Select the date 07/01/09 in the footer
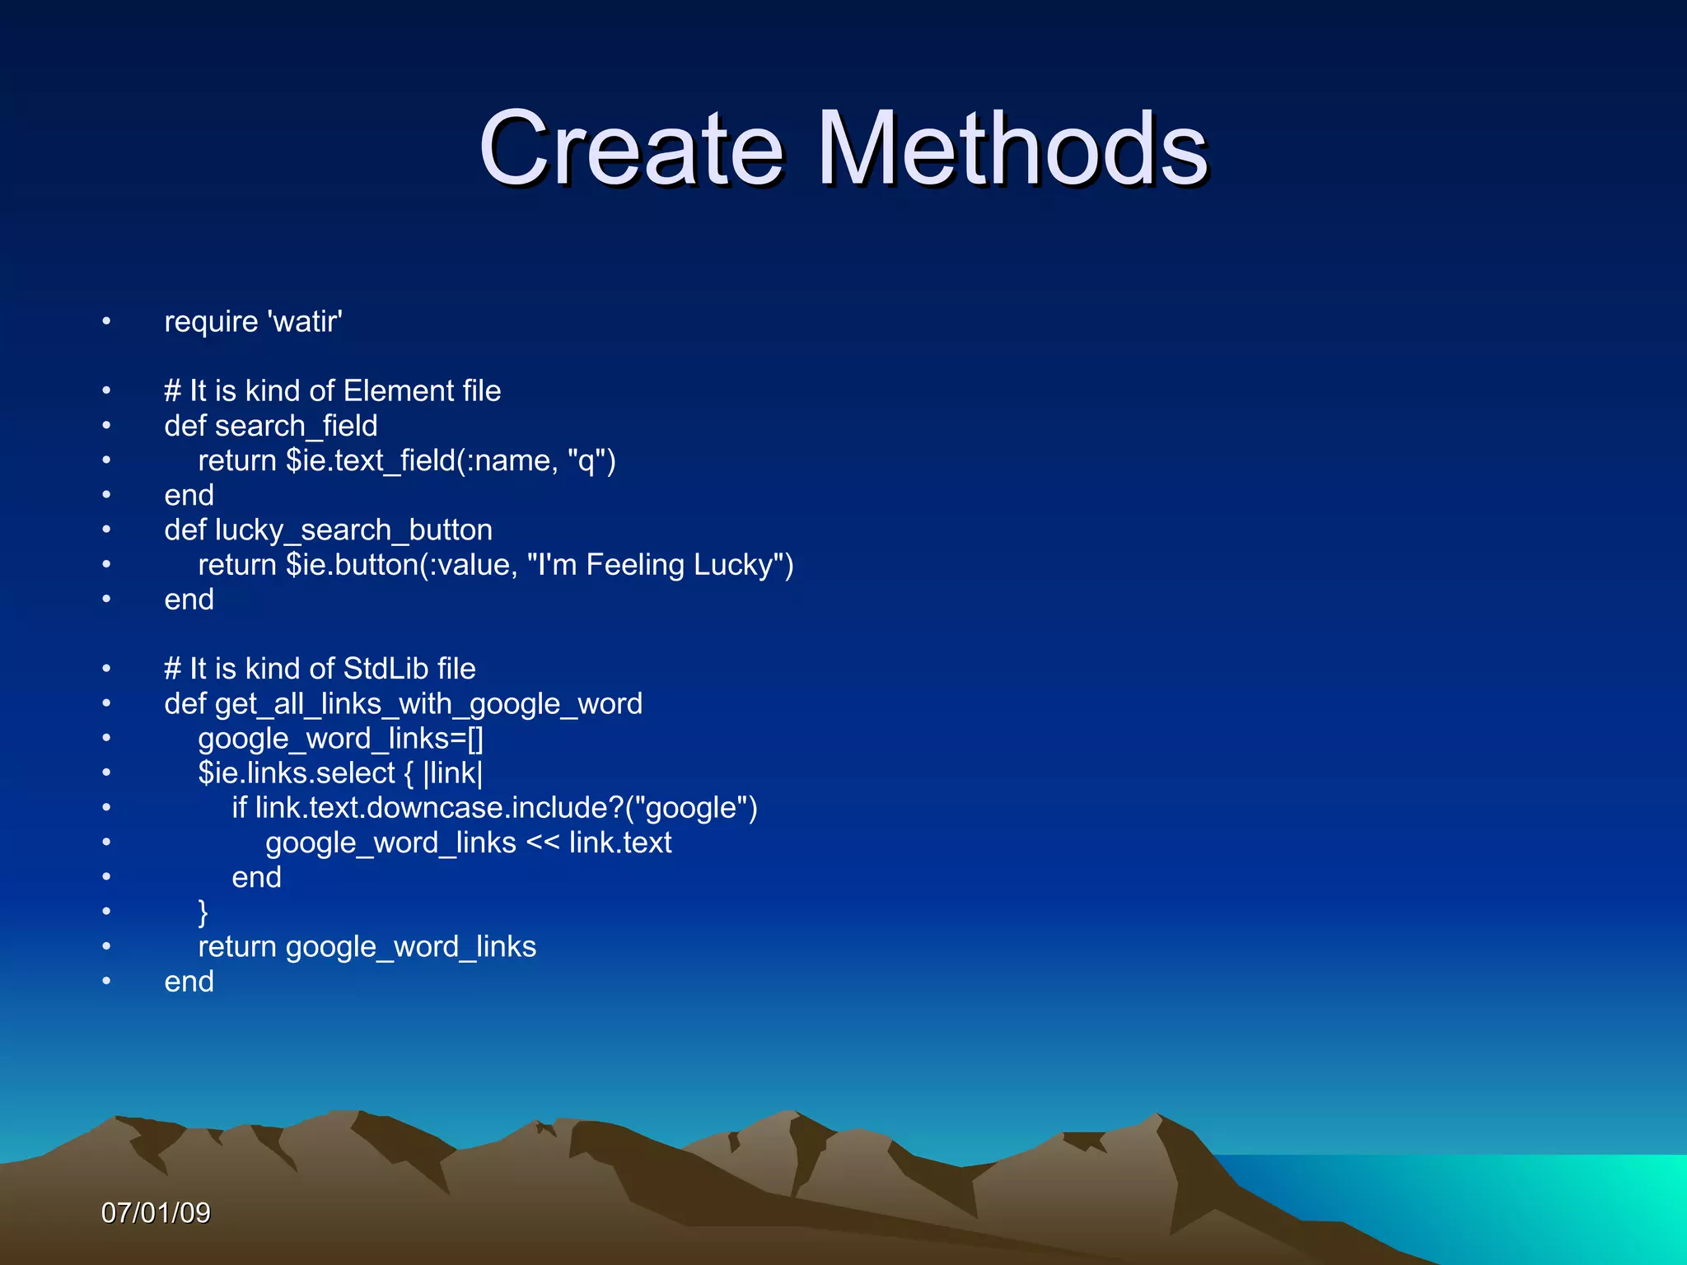pos(156,1212)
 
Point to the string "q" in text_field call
pos(586,460)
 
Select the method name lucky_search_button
pos(354,530)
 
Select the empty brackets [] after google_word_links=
pos(475,739)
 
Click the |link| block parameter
pos(453,773)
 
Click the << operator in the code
pos(542,843)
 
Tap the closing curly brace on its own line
pos(203,913)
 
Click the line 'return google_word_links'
pos(367,947)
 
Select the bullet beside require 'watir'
pos(106,321)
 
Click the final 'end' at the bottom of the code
pos(189,982)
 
